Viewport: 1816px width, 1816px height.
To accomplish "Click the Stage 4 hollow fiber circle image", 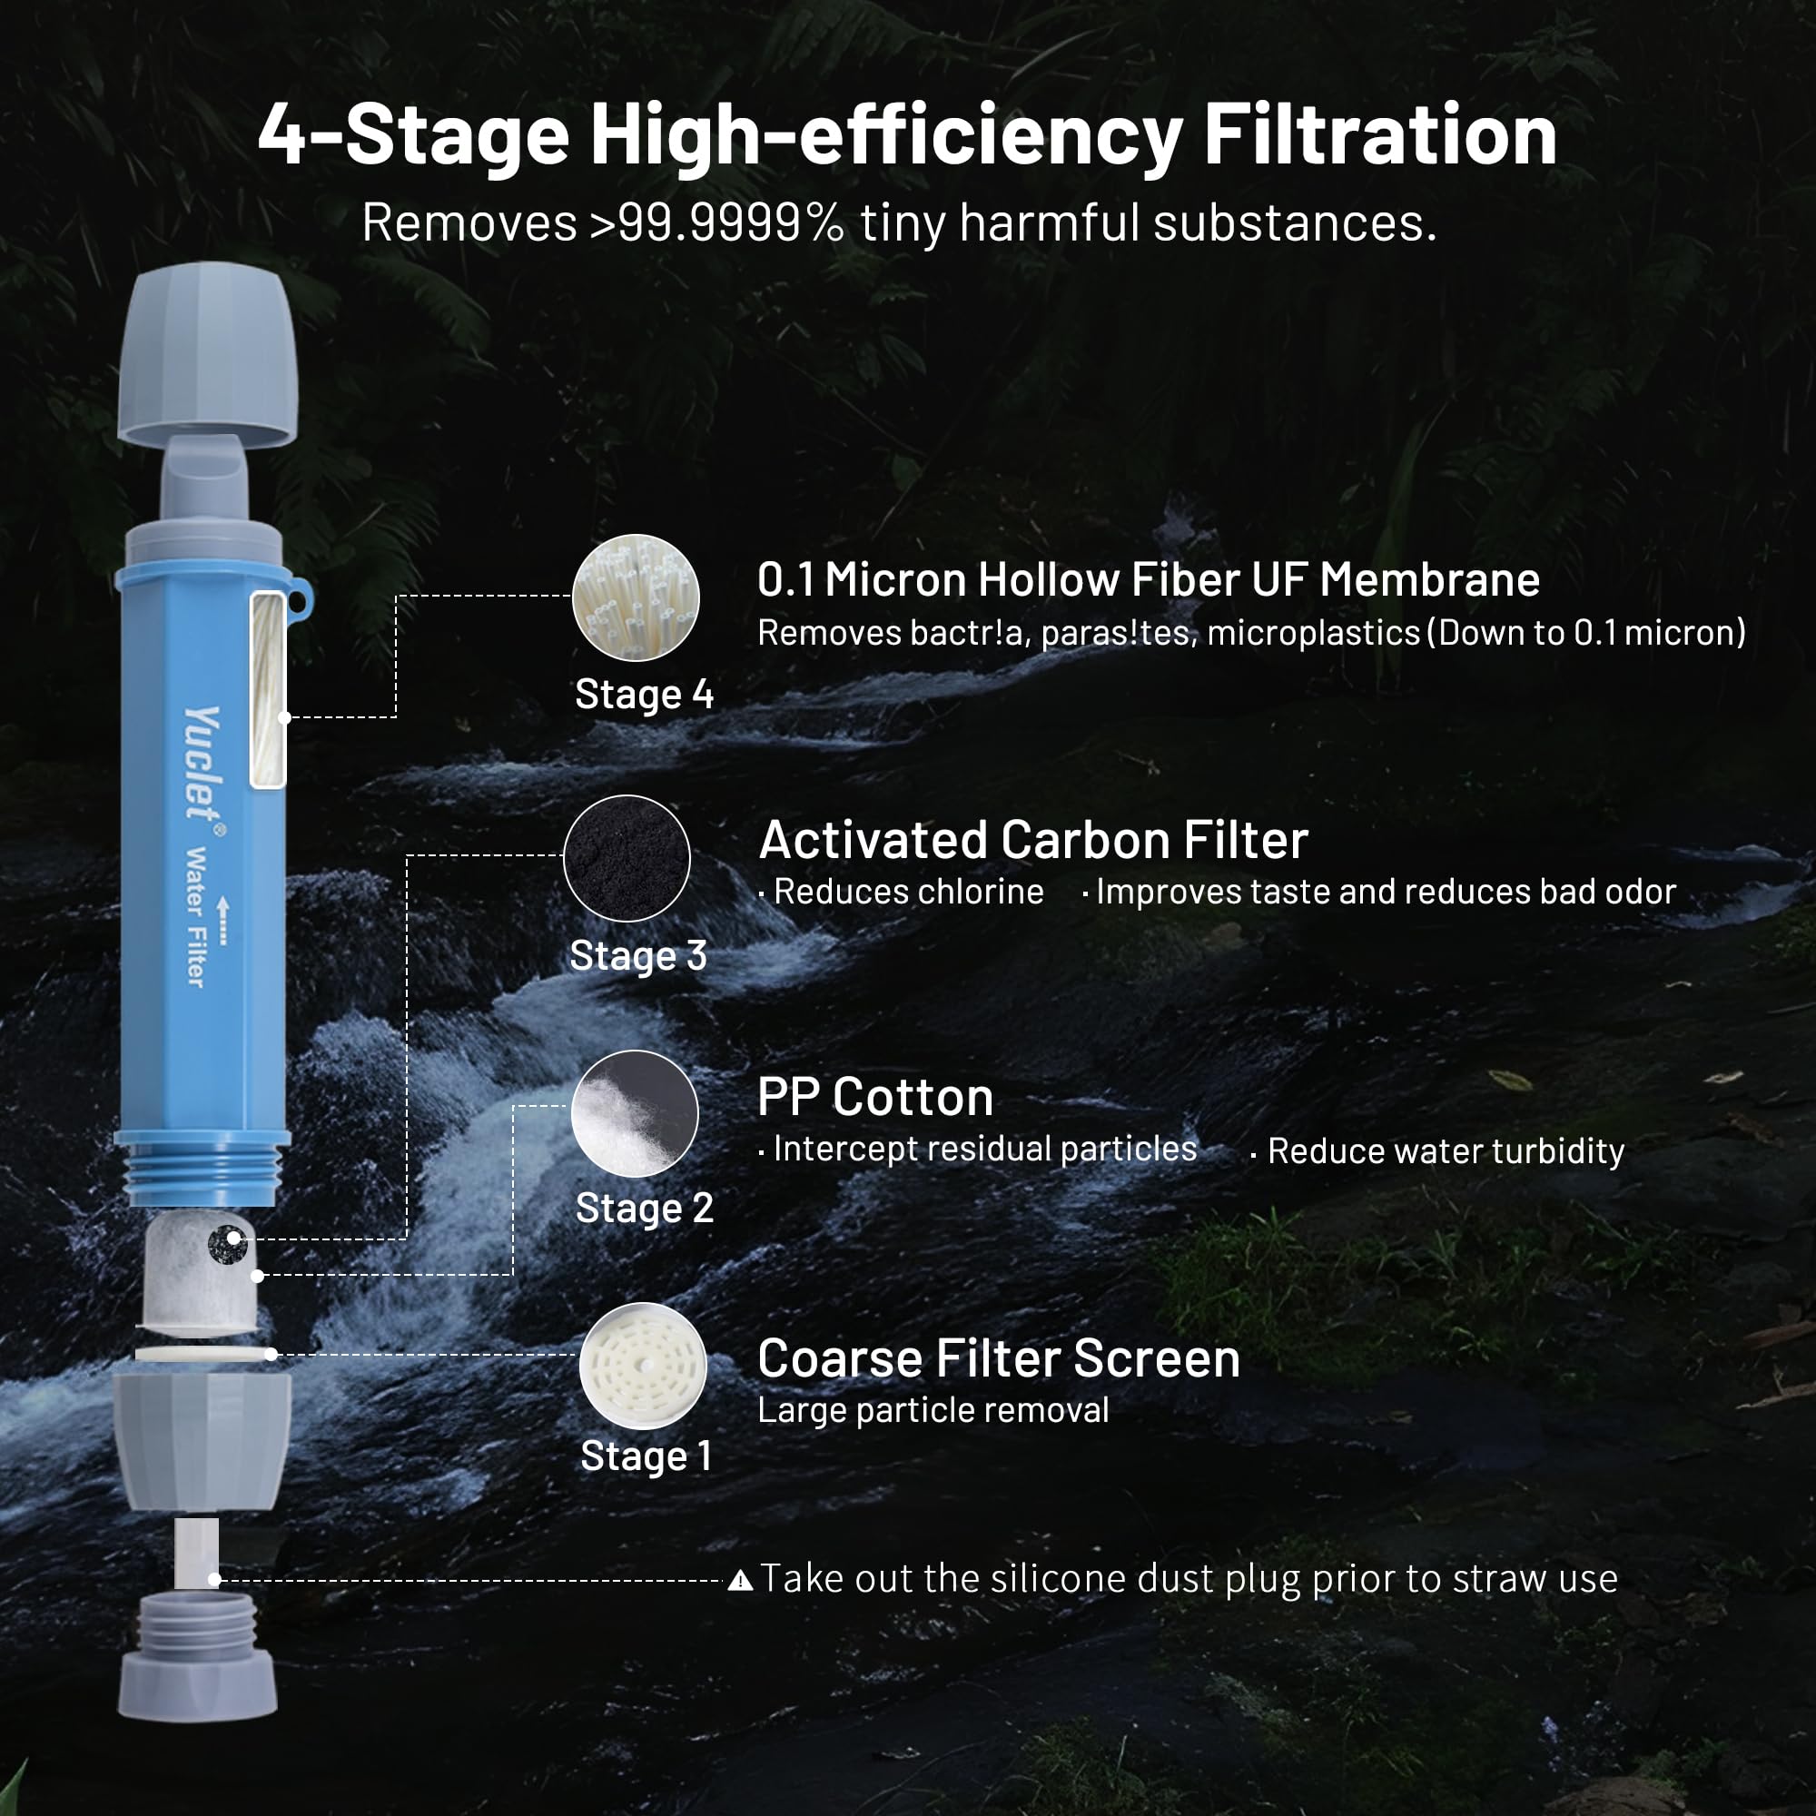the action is pyautogui.click(x=636, y=597).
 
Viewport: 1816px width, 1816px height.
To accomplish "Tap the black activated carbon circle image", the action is pyautogui.click(x=627, y=858).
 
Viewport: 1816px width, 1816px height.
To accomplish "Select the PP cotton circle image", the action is pyautogui.click(x=636, y=1113).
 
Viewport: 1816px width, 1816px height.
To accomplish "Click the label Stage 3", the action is pyautogui.click(x=638, y=956).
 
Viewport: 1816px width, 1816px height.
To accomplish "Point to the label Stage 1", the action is pyautogui.click(x=646, y=1456).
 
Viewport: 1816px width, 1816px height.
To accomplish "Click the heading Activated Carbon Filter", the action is pyautogui.click(x=1033, y=839).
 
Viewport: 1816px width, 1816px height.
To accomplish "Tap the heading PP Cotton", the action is pyautogui.click(x=875, y=1097).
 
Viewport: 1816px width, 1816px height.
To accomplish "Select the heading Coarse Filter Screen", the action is pyautogui.click(x=999, y=1358).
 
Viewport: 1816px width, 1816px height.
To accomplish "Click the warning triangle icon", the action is pyautogui.click(x=741, y=1580).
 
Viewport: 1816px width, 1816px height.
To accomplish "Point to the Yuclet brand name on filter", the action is pyautogui.click(x=202, y=764).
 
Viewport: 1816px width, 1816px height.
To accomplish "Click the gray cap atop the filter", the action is pyautogui.click(x=207, y=354).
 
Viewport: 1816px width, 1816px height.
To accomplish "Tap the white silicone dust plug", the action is pyautogui.click(x=196, y=1553).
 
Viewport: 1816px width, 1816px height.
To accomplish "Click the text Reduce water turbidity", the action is pyautogui.click(x=1446, y=1151).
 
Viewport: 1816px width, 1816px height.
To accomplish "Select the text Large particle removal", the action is pyautogui.click(x=933, y=1410).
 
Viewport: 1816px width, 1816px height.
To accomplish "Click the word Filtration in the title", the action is pyautogui.click(x=1380, y=135).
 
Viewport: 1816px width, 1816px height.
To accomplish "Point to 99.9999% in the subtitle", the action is pyautogui.click(x=730, y=222).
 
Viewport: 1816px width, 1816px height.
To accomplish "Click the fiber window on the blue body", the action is pyautogui.click(x=268, y=689).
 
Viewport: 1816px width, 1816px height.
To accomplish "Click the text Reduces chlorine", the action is pyautogui.click(x=908, y=892).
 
